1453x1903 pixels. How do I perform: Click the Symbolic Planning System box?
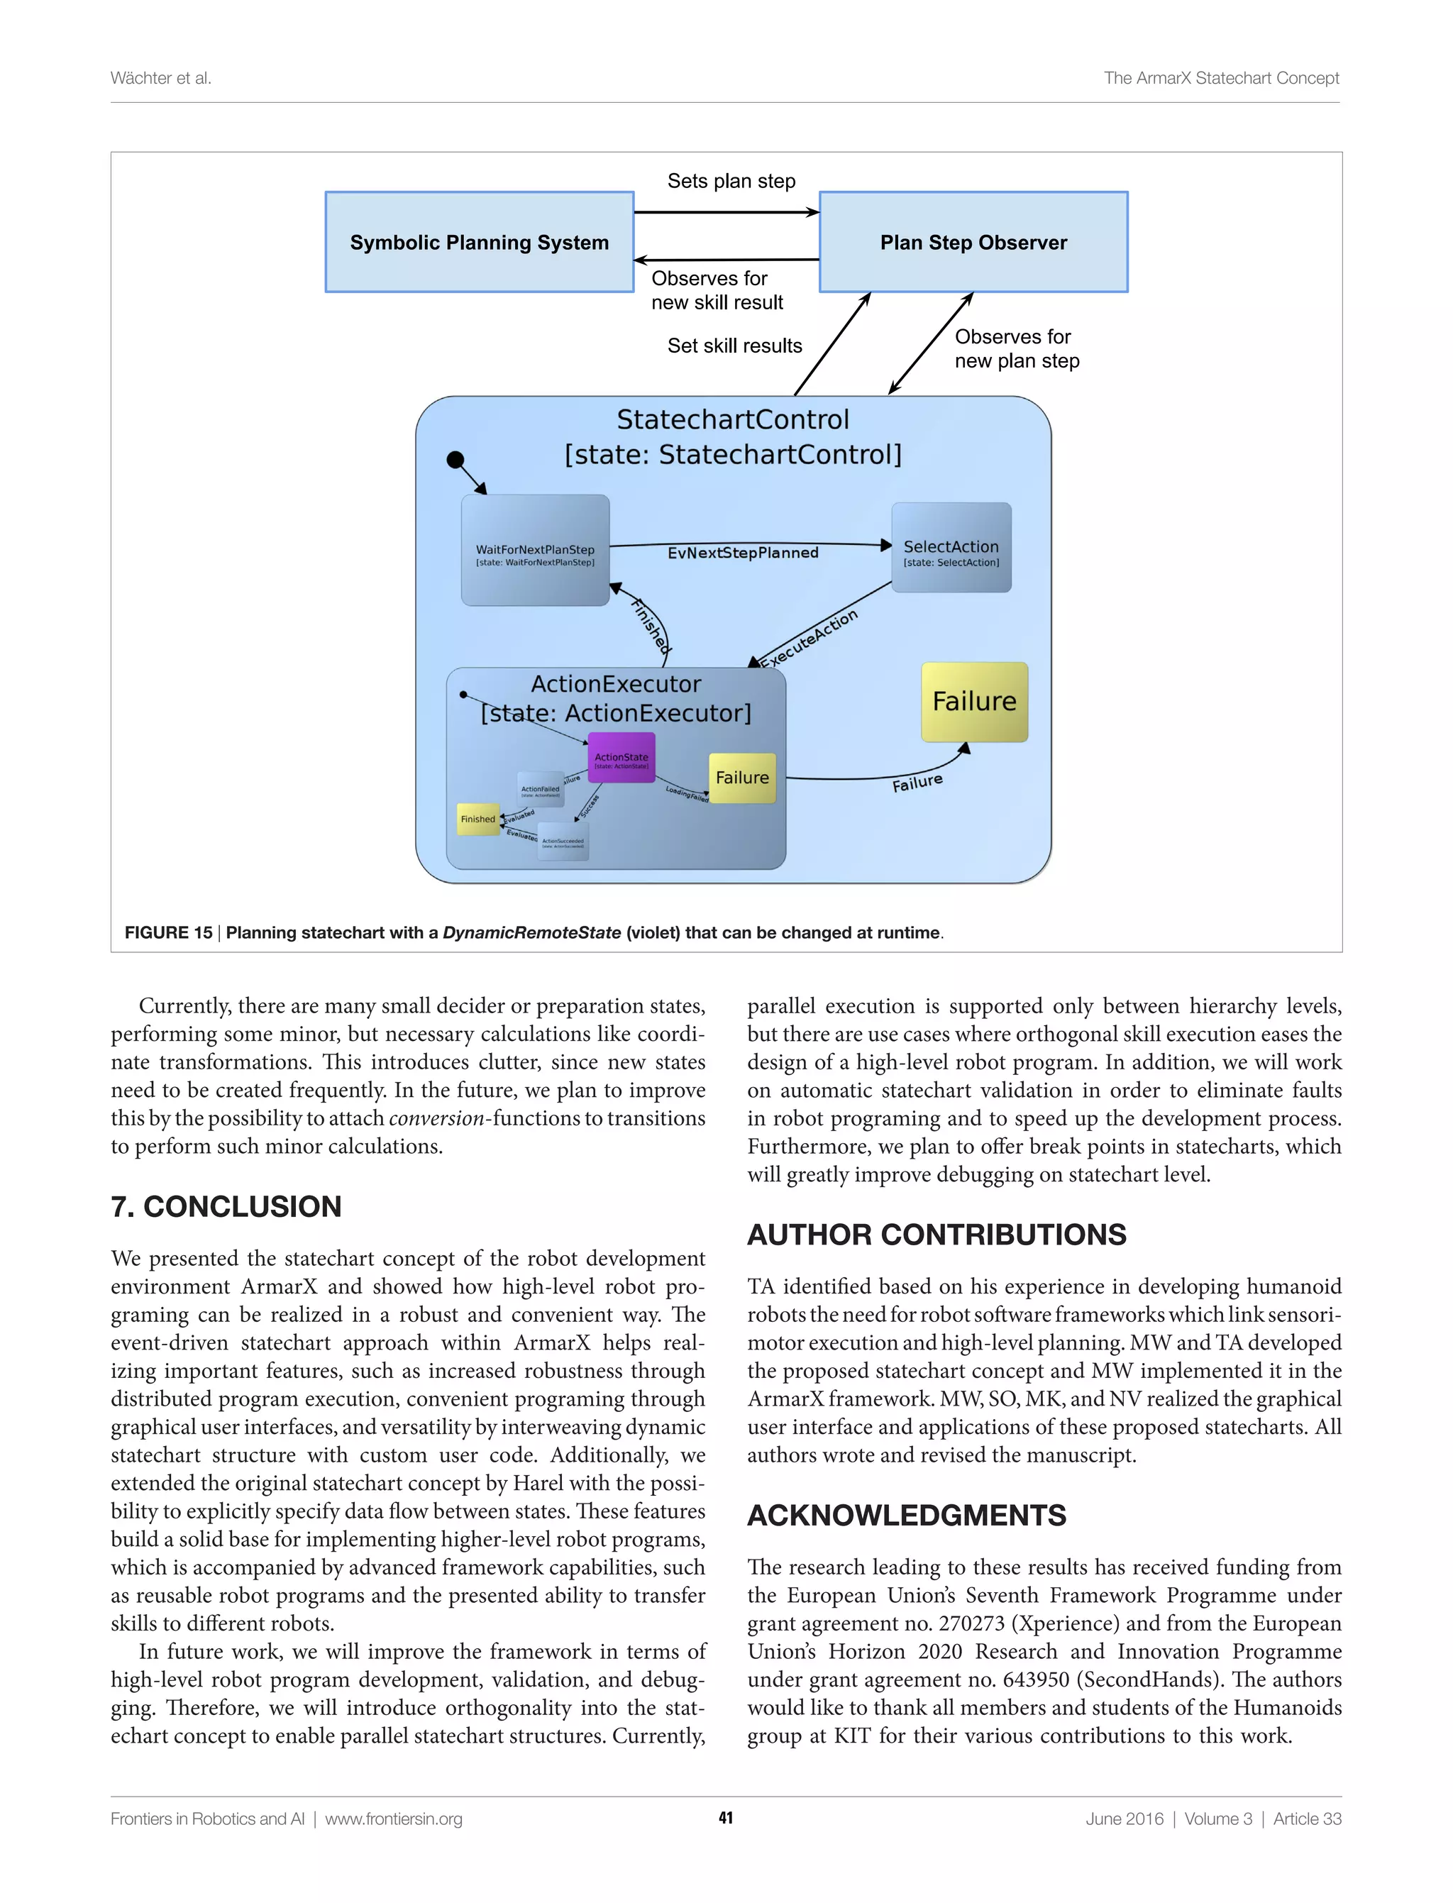[479, 242]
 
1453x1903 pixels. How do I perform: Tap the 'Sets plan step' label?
[731, 182]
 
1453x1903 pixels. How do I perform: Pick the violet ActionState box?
[621, 757]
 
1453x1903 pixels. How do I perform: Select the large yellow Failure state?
[974, 702]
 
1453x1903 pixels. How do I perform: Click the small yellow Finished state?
[477, 819]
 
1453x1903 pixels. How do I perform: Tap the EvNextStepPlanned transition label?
[742, 553]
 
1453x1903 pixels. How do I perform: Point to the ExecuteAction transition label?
[810, 639]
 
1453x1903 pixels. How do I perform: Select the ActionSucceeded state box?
[563, 842]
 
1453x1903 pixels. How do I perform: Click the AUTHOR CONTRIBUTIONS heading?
[937, 1235]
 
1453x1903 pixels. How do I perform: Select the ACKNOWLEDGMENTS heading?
[907, 1516]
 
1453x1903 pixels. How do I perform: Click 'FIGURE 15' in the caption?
[169, 932]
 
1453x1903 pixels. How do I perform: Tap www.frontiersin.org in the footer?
[394, 1819]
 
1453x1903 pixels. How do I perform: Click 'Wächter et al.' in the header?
[161, 78]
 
